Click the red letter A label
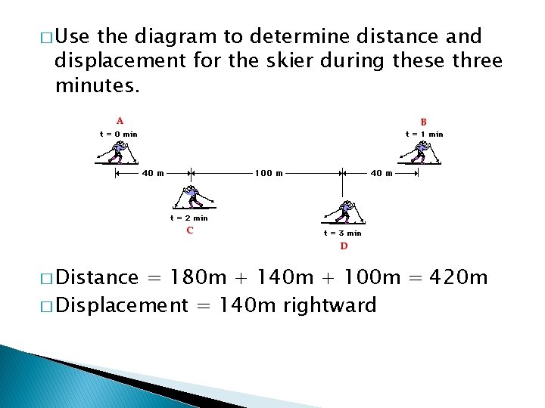coord(120,120)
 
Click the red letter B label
coord(424,122)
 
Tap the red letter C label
coord(189,230)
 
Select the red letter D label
coord(344,246)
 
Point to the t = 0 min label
coord(119,134)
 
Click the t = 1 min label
coord(424,134)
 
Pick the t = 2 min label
coord(188,218)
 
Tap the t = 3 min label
coord(343,233)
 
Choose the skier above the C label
coord(193,197)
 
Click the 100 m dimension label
coord(269,173)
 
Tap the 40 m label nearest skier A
coord(154,173)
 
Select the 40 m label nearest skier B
coord(381,173)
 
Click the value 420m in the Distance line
coord(459,278)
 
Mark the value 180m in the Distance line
coord(199,278)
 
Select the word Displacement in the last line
coord(121,305)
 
